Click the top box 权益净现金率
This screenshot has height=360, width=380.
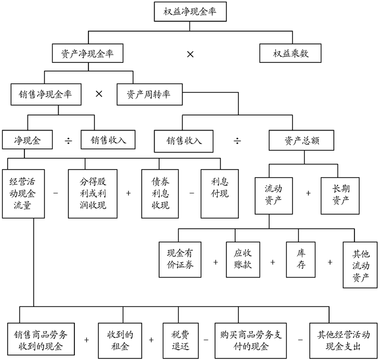tap(189, 12)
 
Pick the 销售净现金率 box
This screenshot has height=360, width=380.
tap(46, 94)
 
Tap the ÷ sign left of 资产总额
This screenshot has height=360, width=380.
tap(238, 140)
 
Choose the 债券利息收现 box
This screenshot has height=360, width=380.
tap(160, 194)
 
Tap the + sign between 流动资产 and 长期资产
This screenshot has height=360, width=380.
tap(309, 193)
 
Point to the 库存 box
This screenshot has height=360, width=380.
tap(300, 259)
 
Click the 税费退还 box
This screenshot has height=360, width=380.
tap(178, 339)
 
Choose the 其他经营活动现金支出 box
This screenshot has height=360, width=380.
tap(342, 339)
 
